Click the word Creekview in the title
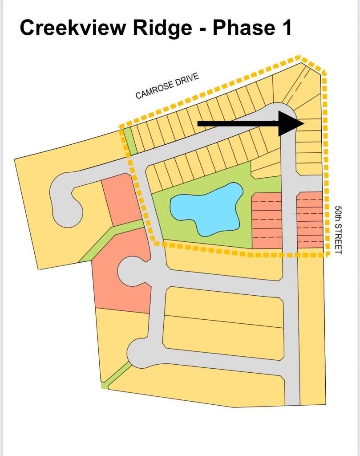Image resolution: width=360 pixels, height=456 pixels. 73,28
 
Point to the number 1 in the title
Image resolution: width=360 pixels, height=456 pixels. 286,28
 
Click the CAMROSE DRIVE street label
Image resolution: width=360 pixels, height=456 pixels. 167,86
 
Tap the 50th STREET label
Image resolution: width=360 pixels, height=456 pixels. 338,230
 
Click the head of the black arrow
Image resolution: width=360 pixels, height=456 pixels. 291,123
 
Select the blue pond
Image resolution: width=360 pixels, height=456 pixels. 207,208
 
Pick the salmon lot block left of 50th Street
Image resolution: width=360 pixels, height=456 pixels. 310,220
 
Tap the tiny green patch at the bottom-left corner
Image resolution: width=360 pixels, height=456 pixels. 104,385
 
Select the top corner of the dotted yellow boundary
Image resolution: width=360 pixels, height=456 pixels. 300,57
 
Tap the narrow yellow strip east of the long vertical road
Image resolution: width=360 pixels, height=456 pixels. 312,329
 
